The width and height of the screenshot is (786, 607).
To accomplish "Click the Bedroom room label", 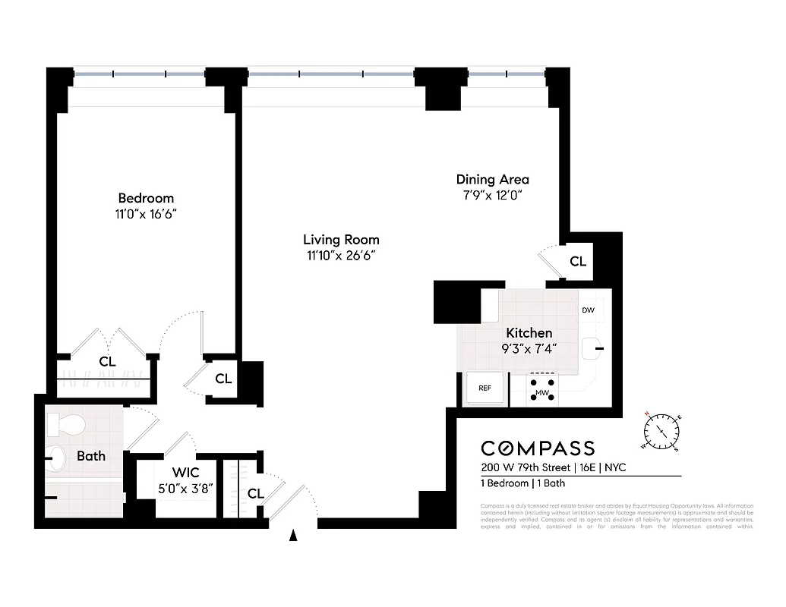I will coord(145,198).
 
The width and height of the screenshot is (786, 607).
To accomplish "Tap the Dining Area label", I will coord(492,180).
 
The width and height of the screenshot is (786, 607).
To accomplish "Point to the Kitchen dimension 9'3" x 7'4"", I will coord(529,349).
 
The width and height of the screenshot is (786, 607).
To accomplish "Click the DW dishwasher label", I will coord(588,310).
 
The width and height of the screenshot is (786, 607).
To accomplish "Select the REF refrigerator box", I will coord(485,388).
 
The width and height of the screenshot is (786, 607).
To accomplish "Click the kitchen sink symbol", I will coord(592,348).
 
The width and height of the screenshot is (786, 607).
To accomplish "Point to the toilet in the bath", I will coord(64,423).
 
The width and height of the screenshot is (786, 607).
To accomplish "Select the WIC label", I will coord(185,473).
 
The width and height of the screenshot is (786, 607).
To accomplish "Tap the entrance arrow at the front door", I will coord(294,536).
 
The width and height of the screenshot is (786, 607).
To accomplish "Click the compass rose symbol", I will coord(663,431).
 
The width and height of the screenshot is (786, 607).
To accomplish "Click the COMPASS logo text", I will coord(538,448).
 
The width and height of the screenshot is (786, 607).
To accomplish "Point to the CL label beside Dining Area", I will coord(578,262).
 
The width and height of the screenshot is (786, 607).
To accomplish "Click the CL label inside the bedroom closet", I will coord(107,362).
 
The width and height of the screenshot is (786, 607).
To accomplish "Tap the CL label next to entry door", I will coord(256,494).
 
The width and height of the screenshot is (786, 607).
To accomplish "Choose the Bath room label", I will coord(91,456).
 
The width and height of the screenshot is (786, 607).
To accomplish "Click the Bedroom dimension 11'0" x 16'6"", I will coord(145,215).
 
